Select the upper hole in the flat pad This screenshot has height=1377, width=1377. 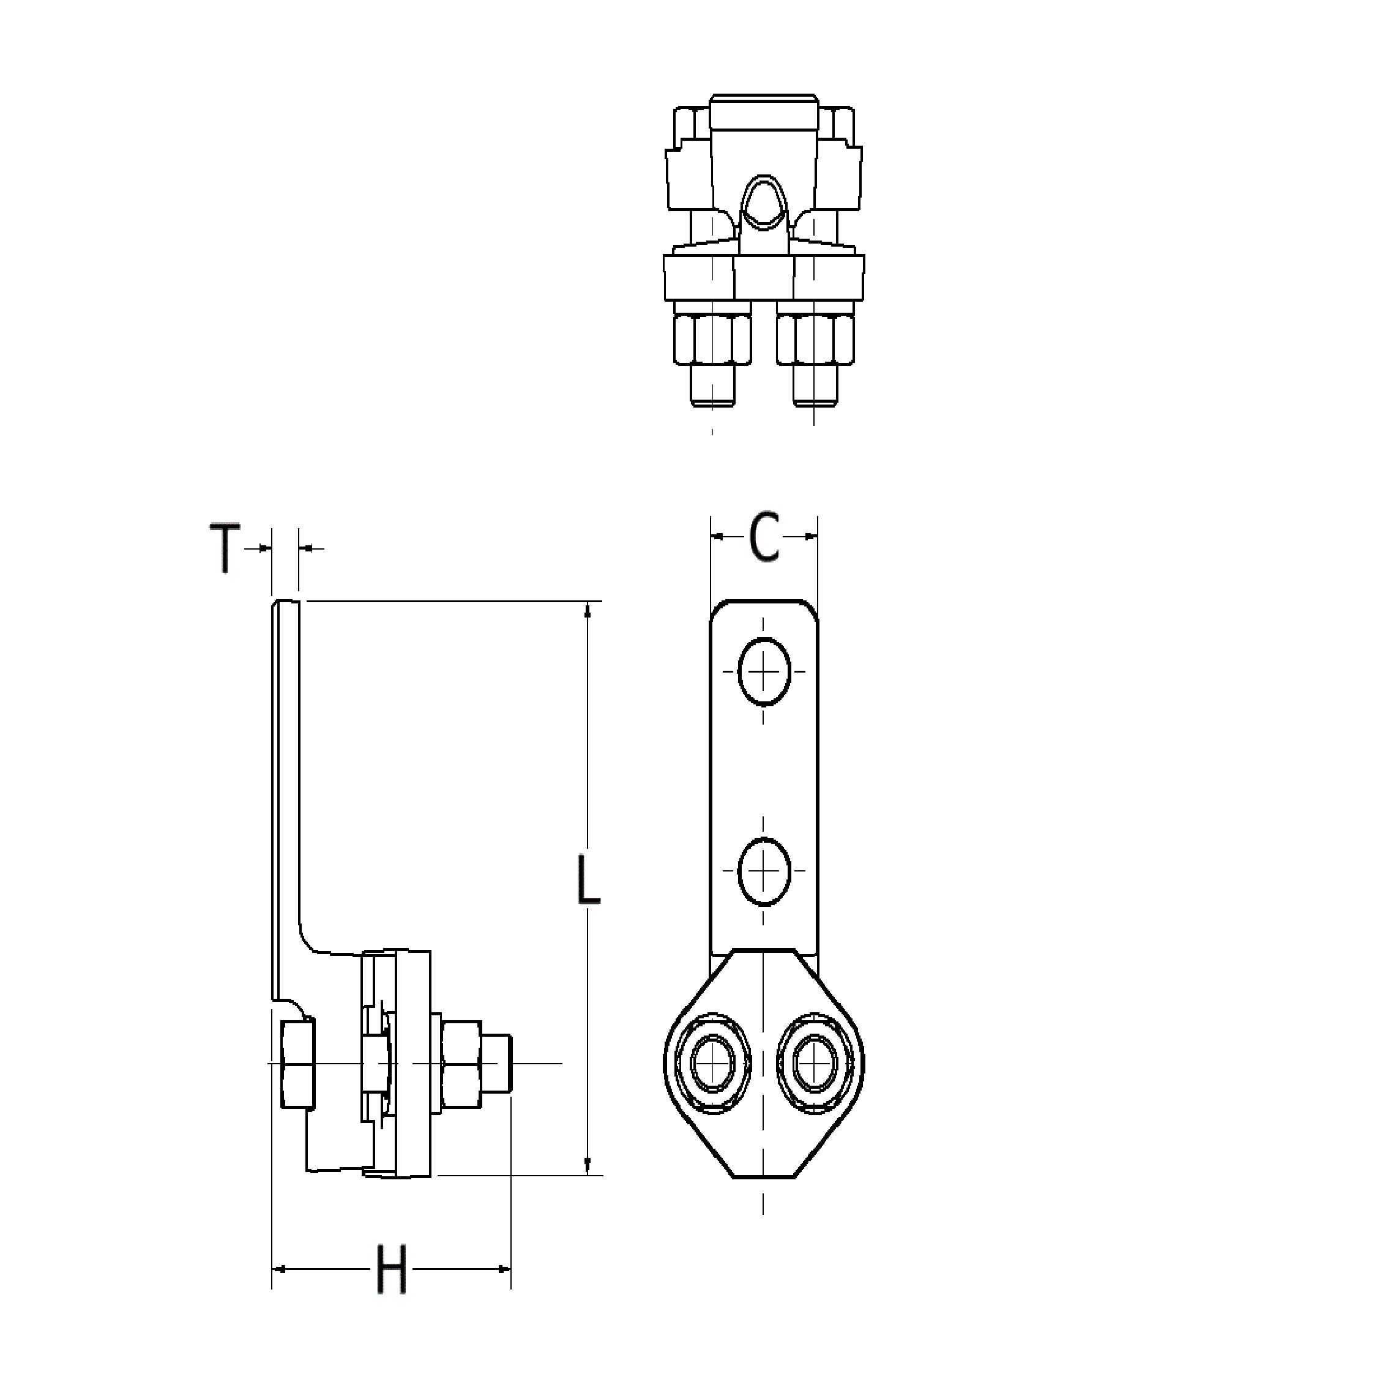pyautogui.click(x=764, y=671)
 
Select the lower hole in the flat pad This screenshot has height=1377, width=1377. pyautogui.click(x=764, y=871)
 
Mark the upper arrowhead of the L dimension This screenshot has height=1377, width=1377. pyautogui.click(x=588, y=610)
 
